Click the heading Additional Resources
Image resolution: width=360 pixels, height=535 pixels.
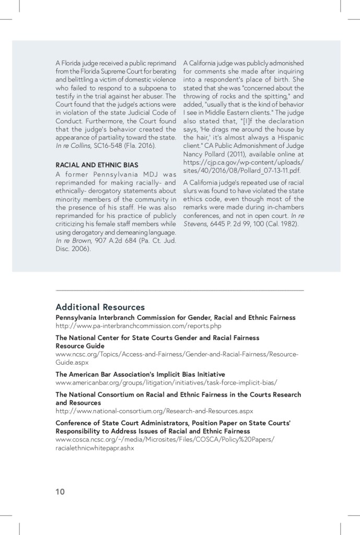click(100, 307)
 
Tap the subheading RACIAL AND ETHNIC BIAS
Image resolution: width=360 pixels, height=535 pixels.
click(97, 165)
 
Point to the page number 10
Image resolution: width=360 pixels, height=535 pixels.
click(60, 491)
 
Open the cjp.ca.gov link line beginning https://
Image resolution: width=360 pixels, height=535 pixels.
click(243, 162)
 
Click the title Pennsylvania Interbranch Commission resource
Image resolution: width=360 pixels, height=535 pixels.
click(176, 318)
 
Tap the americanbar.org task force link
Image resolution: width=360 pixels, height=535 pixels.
click(166, 382)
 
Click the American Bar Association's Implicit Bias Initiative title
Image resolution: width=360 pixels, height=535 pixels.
click(140, 374)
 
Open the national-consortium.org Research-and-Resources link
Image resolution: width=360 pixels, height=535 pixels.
click(154, 411)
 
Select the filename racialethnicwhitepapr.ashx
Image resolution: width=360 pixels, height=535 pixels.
click(95, 448)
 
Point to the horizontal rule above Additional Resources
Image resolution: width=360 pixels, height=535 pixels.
click(179, 289)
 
